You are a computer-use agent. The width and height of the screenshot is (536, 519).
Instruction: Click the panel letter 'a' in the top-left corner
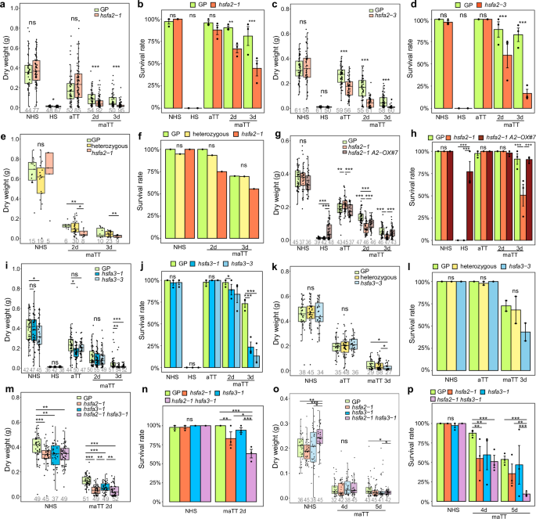(5, 5)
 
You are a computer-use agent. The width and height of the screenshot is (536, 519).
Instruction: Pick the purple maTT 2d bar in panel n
(248, 475)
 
